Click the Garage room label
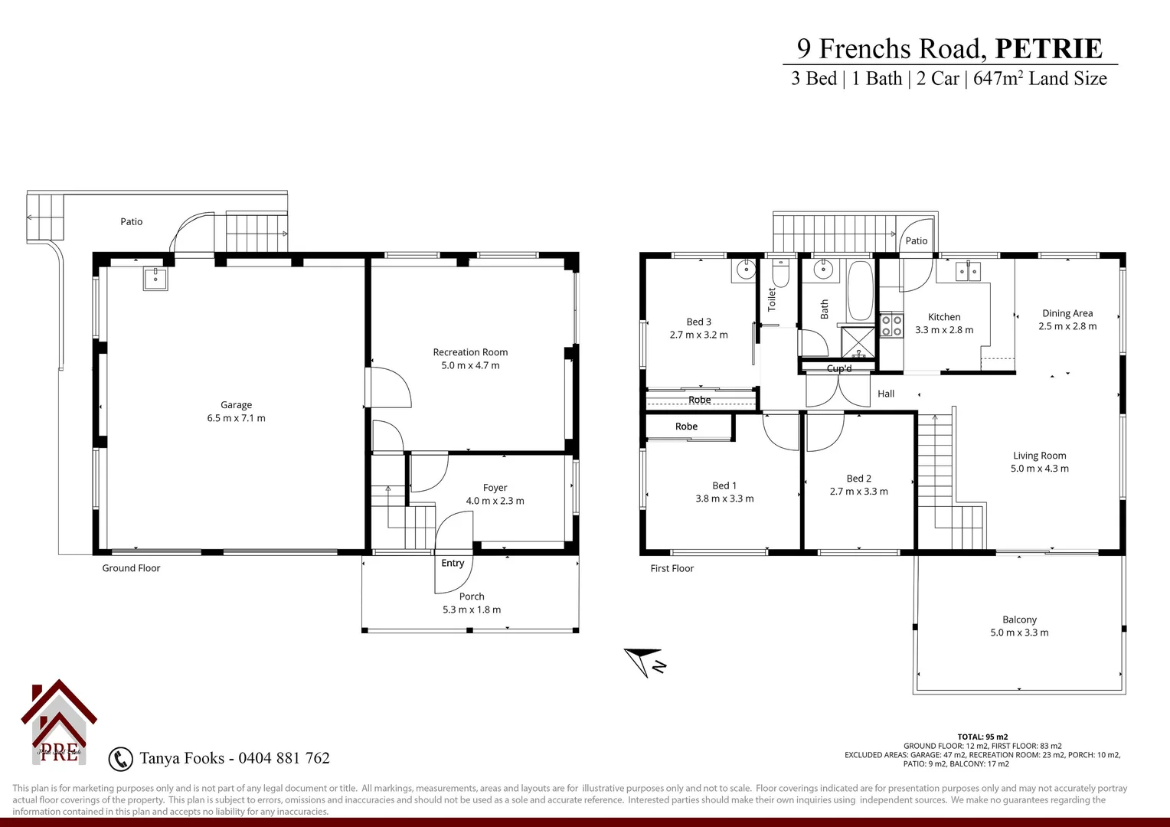pos(236,405)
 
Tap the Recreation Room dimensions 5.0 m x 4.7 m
pos(470,365)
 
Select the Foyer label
pos(495,488)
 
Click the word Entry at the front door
pos(453,563)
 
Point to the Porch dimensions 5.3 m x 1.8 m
pos(471,610)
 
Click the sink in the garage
pos(155,279)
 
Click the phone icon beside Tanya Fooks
pos(120,759)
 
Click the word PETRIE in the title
pos(1048,49)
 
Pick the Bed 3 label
pos(698,322)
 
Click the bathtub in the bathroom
pos(860,292)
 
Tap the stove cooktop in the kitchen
pos(891,325)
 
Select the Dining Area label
pos(1067,313)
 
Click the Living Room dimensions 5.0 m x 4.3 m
pos(1039,469)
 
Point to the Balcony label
pos(1019,619)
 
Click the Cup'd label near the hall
pos(839,368)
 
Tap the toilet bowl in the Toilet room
pos(780,273)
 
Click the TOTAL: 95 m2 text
pos(982,737)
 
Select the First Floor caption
pos(672,568)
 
